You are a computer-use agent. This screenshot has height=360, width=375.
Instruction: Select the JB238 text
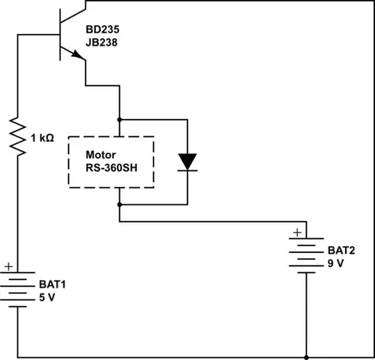click(101, 42)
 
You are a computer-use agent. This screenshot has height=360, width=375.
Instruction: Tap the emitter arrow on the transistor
click(74, 55)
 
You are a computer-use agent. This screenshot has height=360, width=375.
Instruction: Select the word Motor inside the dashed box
click(100, 154)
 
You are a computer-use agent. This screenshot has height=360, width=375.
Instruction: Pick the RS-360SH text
click(110, 168)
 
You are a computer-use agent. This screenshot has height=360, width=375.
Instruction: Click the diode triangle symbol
click(187, 161)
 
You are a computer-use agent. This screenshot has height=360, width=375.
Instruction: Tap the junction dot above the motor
click(119, 119)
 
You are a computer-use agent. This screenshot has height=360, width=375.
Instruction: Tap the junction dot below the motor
click(119, 205)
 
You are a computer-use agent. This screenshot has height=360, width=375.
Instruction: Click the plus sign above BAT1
click(8, 265)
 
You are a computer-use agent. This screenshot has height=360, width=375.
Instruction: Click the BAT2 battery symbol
click(306, 256)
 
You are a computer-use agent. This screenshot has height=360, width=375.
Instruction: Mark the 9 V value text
click(335, 263)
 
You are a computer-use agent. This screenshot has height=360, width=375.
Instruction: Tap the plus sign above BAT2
click(297, 232)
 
